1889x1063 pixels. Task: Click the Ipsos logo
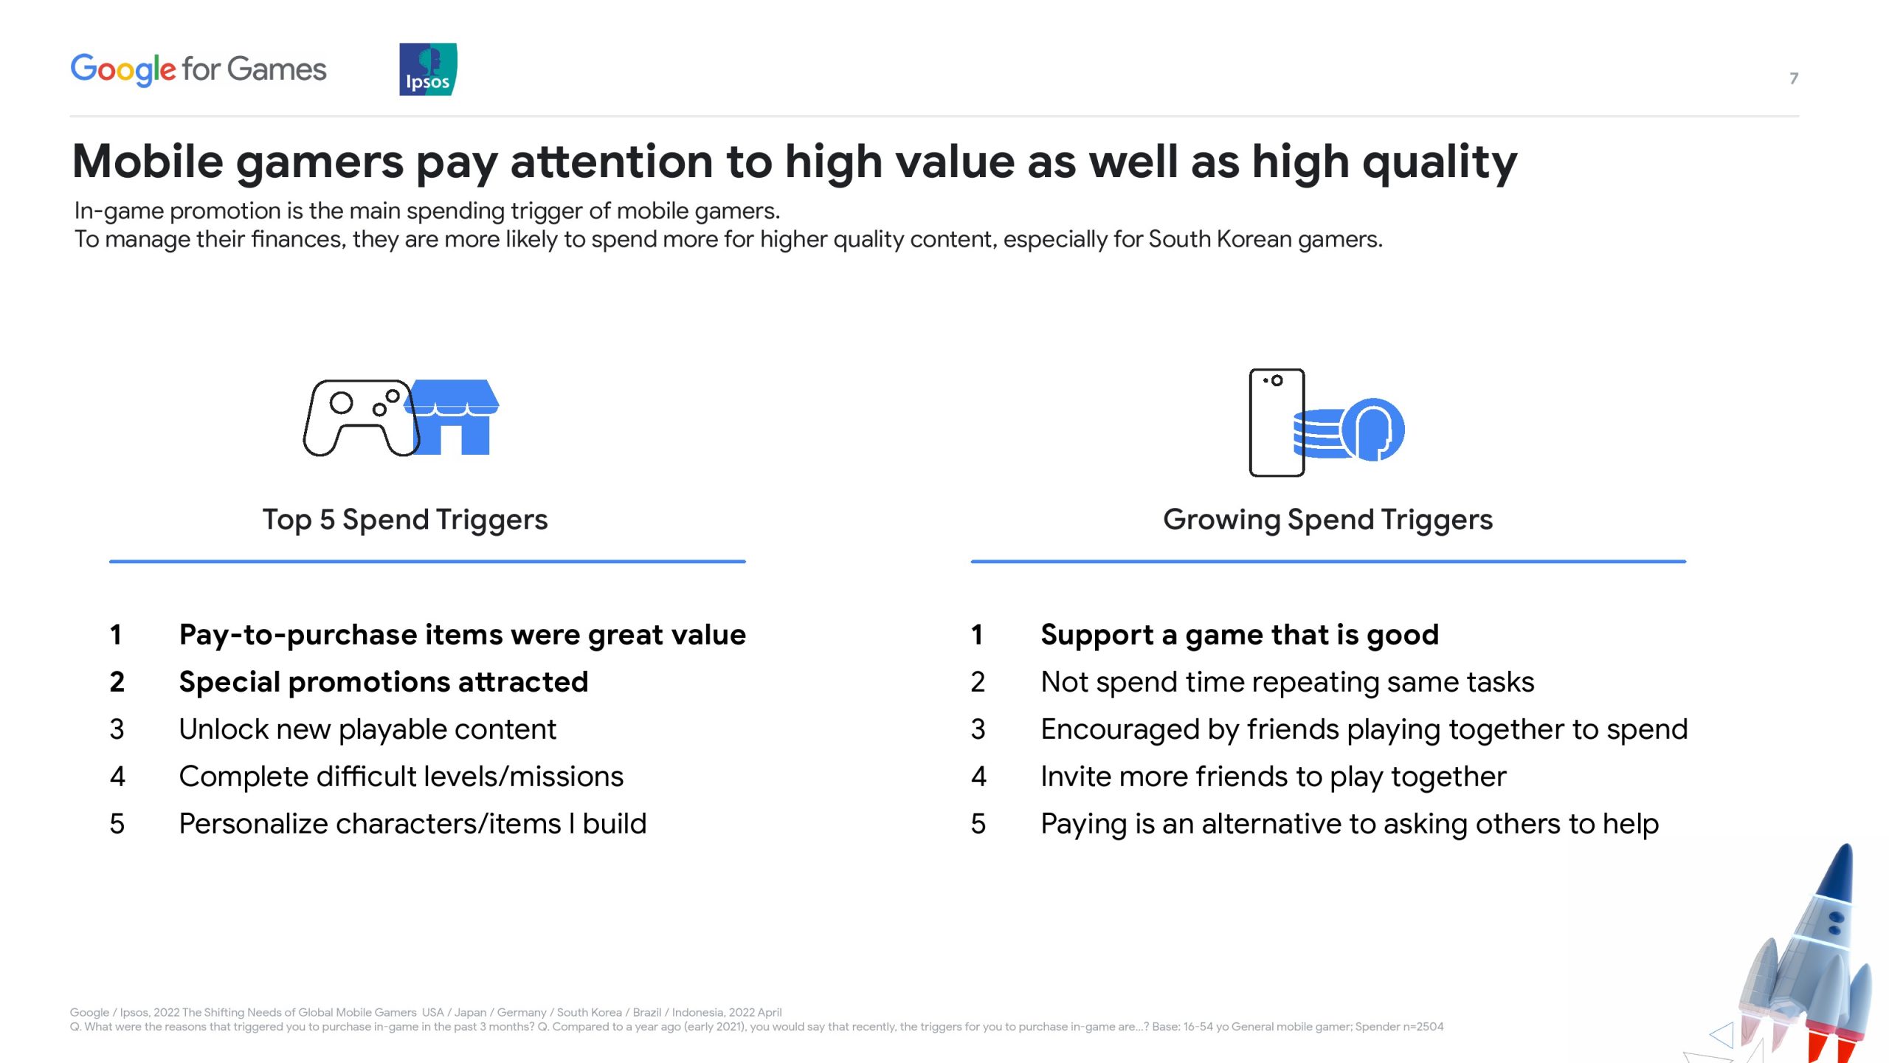click(x=428, y=69)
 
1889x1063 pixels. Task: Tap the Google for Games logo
click(x=198, y=70)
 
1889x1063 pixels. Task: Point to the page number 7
click(x=1794, y=78)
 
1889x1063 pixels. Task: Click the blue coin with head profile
click(x=1373, y=430)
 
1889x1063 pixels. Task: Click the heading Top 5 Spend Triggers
click(x=405, y=520)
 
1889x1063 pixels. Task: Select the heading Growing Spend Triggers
click(x=1328, y=520)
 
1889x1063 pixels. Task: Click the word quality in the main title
click(x=1440, y=162)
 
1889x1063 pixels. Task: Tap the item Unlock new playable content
click(x=367, y=729)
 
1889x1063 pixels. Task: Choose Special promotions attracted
click(x=384, y=682)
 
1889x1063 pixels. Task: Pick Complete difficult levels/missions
click(x=401, y=777)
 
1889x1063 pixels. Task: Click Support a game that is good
click(x=1240, y=635)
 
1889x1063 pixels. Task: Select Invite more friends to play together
click(x=1274, y=777)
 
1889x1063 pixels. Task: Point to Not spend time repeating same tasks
click(x=1288, y=682)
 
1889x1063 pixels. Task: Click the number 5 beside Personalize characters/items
click(x=117, y=824)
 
